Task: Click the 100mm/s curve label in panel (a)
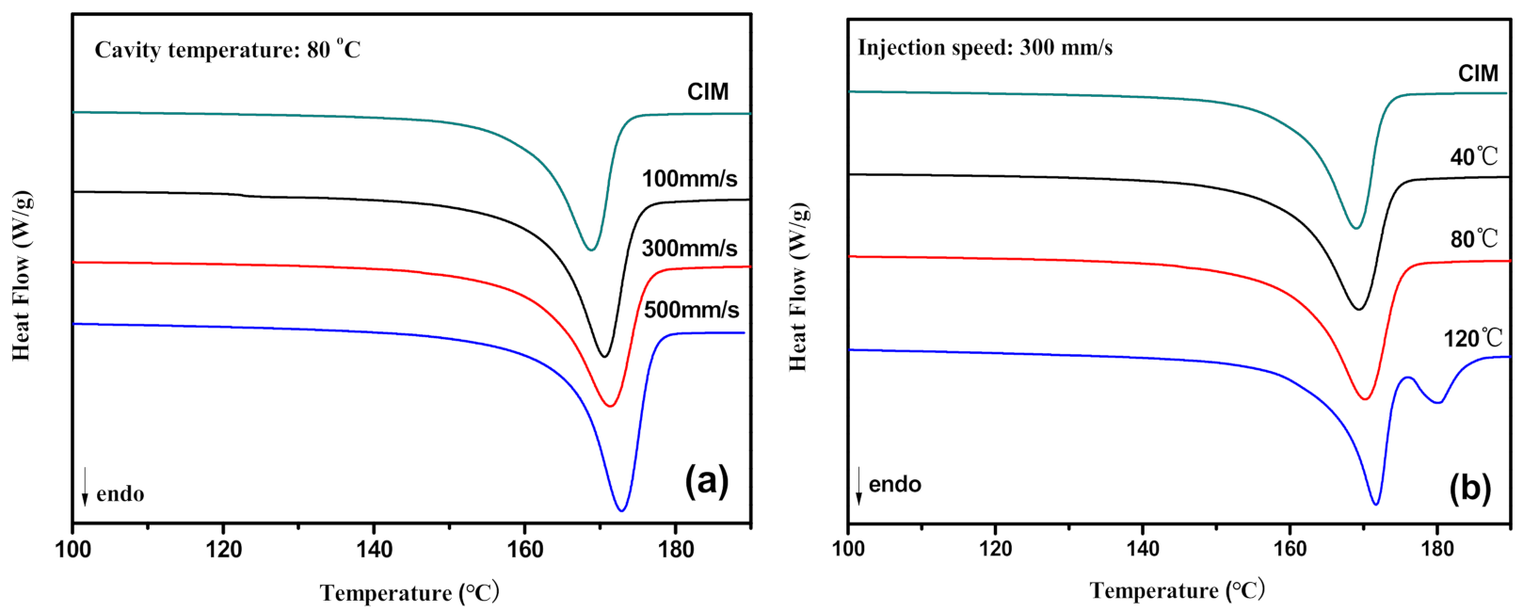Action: point(689,179)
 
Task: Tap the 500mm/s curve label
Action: point(691,310)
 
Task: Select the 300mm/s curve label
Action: point(689,249)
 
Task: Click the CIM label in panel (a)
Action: point(708,92)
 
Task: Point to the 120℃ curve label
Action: point(1473,338)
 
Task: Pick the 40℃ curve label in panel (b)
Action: point(1473,156)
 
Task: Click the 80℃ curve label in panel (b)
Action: point(1473,239)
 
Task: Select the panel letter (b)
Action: point(1469,487)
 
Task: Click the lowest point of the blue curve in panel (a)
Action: point(621,510)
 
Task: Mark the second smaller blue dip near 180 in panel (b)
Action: point(1437,403)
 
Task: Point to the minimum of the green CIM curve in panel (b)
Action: point(1355,228)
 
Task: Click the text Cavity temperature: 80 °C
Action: point(227,50)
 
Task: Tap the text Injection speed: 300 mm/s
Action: point(985,47)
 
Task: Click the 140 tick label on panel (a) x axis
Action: point(374,550)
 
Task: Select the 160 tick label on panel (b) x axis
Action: point(1290,549)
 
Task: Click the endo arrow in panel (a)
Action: point(85,486)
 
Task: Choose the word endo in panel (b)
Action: point(894,485)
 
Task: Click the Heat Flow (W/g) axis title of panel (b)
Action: point(798,286)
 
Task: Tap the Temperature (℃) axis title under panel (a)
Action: point(409,593)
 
